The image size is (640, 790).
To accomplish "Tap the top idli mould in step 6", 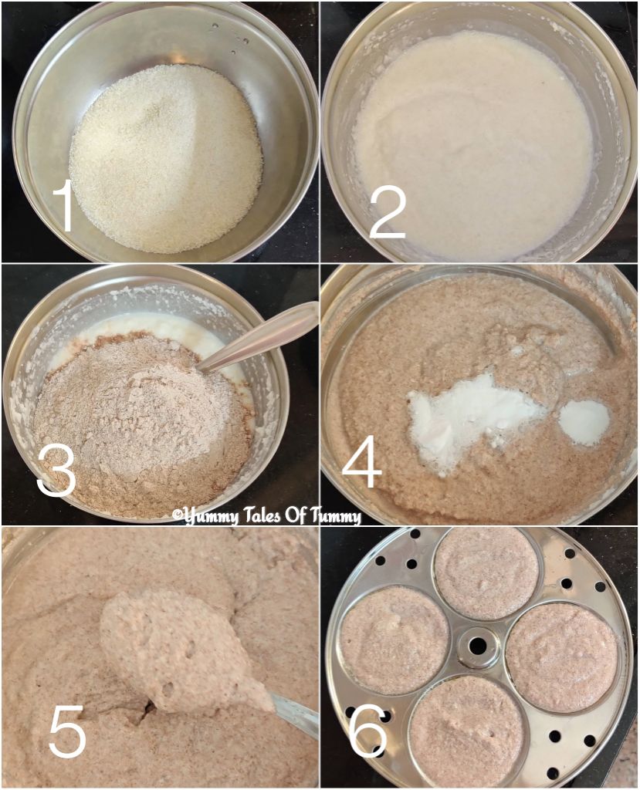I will pyautogui.click(x=486, y=572).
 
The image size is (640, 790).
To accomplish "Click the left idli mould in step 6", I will pyautogui.click(x=394, y=638).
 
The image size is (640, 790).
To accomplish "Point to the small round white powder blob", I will pyautogui.click(x=584, y=421).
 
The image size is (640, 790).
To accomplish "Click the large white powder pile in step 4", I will pyautogui.click(x=471, y=417).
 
